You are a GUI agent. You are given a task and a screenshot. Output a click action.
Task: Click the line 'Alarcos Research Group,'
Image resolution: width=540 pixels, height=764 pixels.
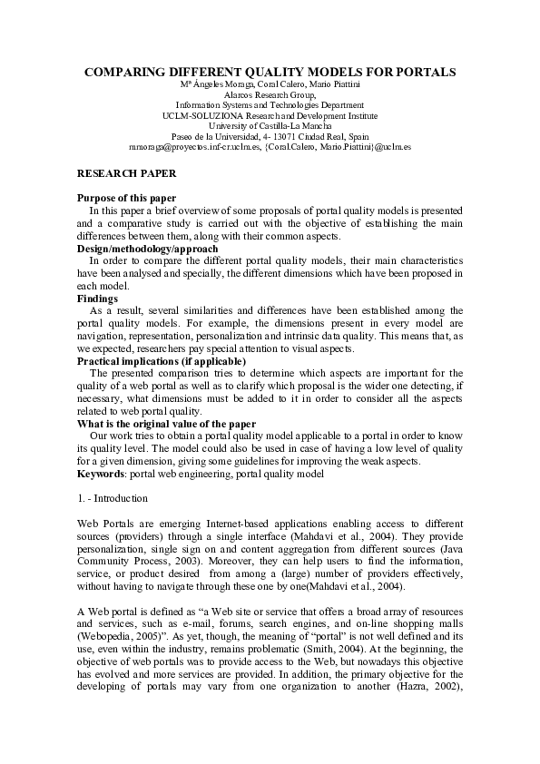[270, 94]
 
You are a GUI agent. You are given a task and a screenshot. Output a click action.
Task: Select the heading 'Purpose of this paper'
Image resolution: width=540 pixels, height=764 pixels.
[126, 198]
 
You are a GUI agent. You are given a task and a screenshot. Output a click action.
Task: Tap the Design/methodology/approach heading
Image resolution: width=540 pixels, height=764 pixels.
[147, 248]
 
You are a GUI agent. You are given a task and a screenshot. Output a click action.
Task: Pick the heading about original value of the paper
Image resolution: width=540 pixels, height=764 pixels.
[166, 423]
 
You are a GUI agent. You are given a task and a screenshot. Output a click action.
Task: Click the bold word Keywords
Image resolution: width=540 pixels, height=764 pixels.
[101, 473]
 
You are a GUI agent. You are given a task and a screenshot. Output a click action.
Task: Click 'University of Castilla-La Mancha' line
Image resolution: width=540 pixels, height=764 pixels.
[270, 124]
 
